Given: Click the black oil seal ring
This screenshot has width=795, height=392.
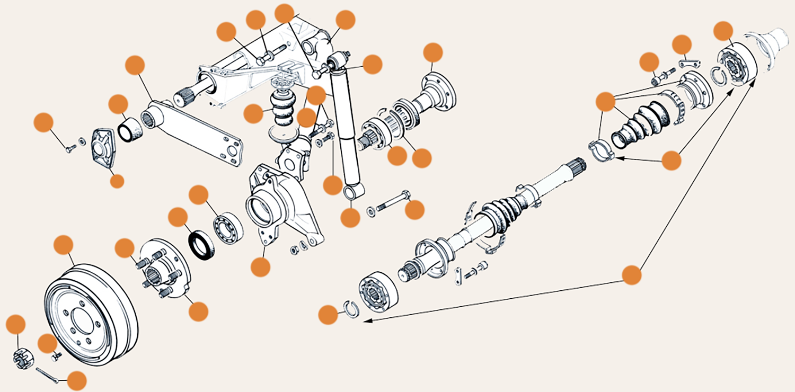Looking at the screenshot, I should click(x=201, y=246).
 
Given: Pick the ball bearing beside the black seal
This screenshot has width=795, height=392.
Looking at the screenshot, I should click(x=228, y=227).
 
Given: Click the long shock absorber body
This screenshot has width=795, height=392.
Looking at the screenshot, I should click(x=344, y=127).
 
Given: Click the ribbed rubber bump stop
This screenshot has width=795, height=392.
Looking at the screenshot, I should click(x=284, y=109).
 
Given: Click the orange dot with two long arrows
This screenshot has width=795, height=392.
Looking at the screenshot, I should click(x=631, y=275).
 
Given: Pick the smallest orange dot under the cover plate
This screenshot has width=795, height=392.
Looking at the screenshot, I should click(x=117, y=181).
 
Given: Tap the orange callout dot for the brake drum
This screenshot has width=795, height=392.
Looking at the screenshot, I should click(x=64, y=245).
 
